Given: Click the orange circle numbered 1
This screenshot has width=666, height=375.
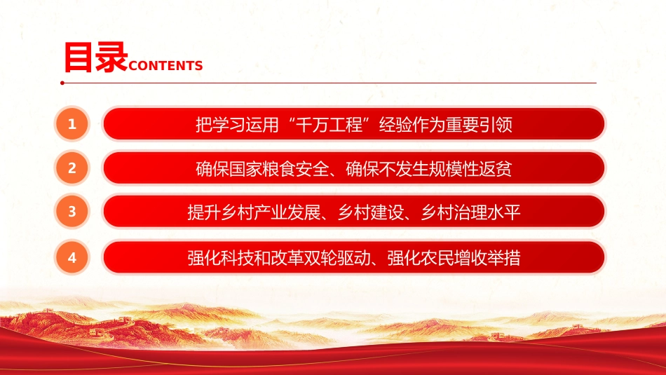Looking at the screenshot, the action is point(72,124).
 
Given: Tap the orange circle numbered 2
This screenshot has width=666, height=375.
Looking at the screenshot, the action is point(72,168).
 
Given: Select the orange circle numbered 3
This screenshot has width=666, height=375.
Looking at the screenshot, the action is point(72,212).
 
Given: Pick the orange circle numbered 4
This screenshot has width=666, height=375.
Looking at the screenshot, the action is point(72,257).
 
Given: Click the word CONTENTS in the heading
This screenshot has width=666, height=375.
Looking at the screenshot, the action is point(165,66).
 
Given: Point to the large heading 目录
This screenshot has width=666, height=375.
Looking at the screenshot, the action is point(95,57).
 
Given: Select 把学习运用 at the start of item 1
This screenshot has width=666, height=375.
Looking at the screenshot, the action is point(237,125).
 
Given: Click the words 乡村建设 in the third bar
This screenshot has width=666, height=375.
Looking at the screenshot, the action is point(370,212).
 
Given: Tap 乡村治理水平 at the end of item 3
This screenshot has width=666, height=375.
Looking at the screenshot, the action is point(470,212).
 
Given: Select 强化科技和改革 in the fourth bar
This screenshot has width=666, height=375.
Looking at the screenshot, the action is point(245,258).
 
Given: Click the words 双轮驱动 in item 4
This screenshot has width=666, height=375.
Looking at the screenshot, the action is point(337,258).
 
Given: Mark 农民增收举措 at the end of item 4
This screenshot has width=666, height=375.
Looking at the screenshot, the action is point(470,258).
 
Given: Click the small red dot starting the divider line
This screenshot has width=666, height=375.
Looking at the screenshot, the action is point(62,83).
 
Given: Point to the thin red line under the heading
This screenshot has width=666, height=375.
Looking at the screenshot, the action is point(329,83).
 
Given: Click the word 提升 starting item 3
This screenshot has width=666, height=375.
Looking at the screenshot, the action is point(204,212).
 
